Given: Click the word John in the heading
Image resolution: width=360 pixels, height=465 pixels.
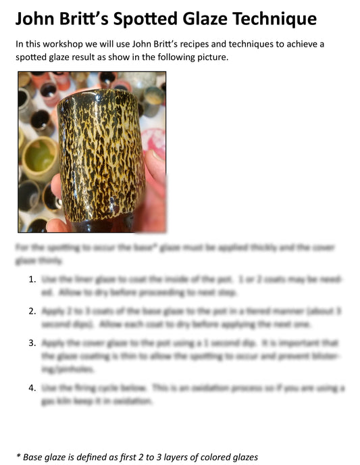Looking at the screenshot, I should click(38, 18).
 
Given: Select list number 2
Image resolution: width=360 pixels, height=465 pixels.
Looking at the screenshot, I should click(32, 311).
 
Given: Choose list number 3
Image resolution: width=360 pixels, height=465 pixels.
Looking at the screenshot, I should click(32, 343).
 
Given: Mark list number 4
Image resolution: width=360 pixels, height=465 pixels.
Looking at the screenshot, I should click(32, 388).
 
